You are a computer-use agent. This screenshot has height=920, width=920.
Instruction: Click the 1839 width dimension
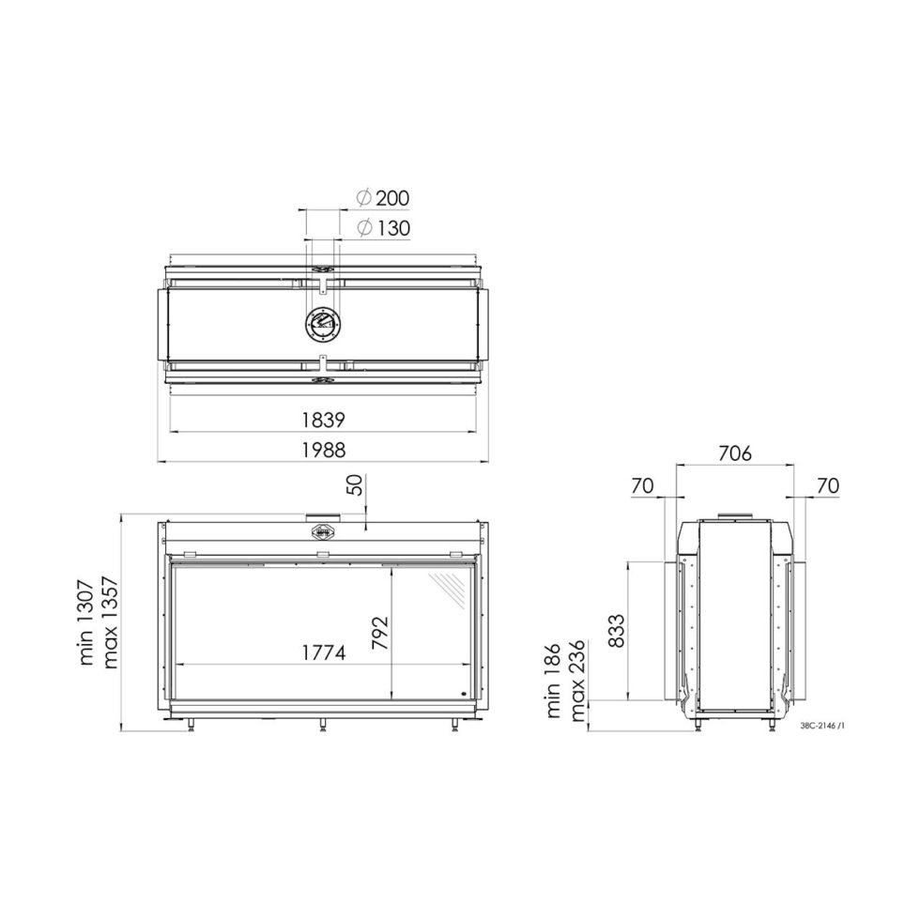tap(323, 421)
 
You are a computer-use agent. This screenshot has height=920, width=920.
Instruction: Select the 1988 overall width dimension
tap(323, 450)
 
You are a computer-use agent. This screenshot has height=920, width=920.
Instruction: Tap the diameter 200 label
tap(383, 198)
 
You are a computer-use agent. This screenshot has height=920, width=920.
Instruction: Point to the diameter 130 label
tap(383, 227)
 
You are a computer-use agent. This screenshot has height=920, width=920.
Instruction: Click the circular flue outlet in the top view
tap(321, 323)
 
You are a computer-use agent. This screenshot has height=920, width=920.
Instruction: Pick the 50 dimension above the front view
tap(357, 485)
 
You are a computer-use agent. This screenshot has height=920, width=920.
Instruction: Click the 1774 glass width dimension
tap(323, 652)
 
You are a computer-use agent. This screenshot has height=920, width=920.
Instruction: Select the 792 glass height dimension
tap(380, 633)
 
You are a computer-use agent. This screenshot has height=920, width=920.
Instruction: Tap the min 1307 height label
tap(86, 622)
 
